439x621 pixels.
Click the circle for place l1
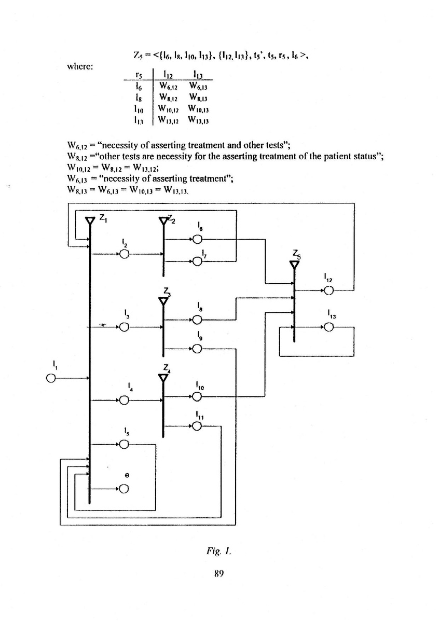coord(50,378)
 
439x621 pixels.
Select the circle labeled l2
coord(124,254)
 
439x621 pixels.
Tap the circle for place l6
coord(197,239)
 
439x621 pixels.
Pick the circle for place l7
coord(197,261)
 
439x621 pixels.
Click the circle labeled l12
coord(328,291)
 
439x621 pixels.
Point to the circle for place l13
coord(328,327)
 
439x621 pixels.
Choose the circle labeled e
coord(124,488)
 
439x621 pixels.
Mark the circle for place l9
coord(197,349)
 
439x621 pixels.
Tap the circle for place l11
coord(197,426)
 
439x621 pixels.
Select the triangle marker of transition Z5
coord(294,265)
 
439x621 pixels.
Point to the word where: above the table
coord(79,66)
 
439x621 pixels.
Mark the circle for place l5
coord(124,444)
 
